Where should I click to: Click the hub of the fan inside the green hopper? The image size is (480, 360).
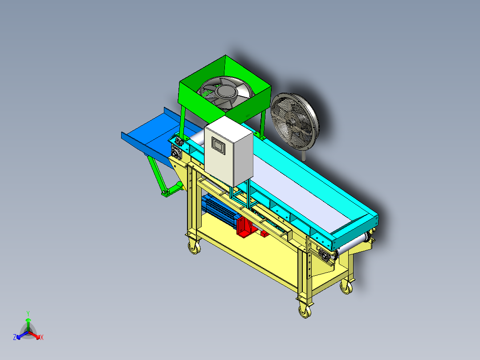click(227, 91)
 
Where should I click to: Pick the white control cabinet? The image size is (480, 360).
click(229, 151)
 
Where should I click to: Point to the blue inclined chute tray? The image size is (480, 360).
click(153, 135)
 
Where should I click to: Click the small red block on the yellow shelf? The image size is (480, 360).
click(264, 234)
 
